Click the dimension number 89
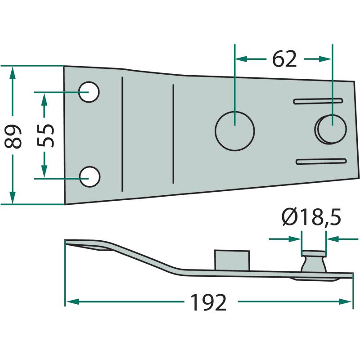13,136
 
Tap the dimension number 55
45,135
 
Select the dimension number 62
284,59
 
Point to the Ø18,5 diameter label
311,217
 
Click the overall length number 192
208,302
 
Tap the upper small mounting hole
89,92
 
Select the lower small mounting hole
90,176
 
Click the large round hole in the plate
234,131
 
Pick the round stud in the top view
330,129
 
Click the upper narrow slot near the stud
318,101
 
